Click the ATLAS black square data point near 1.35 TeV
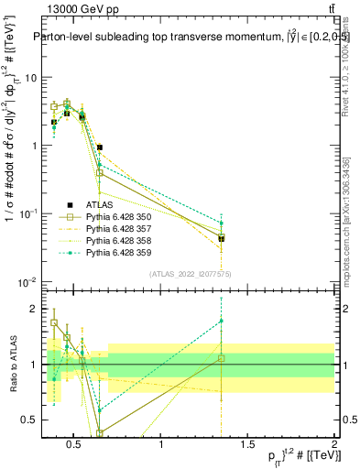click(x=222, y=238)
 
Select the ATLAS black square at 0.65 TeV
click(x=100, y=147)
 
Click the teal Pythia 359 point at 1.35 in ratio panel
click(x=222, y=321)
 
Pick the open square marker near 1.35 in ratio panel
click(x=222, y=358)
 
